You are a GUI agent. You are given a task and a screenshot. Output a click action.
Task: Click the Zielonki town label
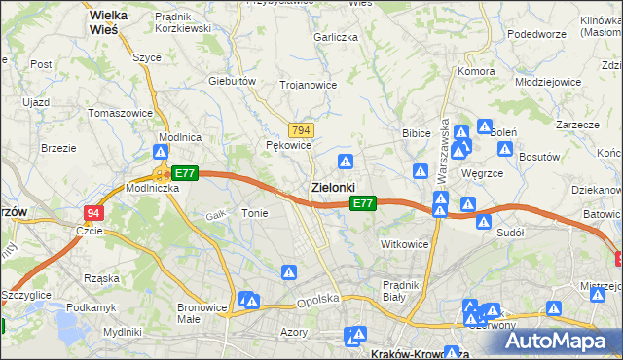tap(333, 186)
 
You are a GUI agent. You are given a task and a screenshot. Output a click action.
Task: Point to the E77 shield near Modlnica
tap(185, 173)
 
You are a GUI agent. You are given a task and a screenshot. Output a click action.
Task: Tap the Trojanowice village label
tap(309, 85)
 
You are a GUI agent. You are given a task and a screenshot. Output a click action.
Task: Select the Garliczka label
tap(336, 36)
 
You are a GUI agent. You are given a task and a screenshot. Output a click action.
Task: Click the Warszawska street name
tap(444, 146)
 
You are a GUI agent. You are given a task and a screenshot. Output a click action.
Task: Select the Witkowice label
tap(405, 244)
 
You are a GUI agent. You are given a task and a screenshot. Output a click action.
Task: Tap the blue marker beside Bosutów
tap(505, 149)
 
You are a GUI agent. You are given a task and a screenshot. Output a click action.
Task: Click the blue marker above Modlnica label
tap(161, 154)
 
